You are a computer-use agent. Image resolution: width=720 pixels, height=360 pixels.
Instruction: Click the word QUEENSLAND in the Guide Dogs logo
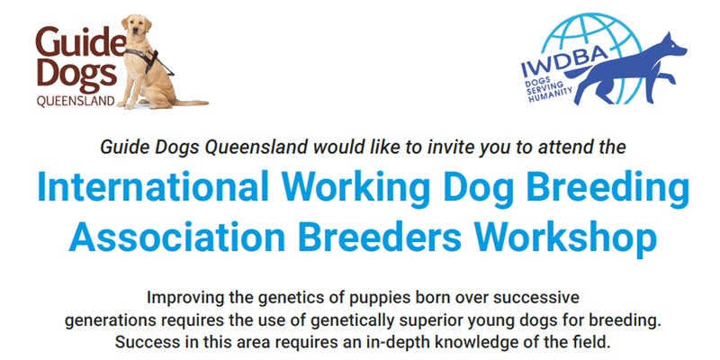pyautogui.click(x=76, y=101)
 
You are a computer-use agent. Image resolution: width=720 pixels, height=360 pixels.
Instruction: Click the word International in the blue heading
pyautogui.click(x=153, y=186)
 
